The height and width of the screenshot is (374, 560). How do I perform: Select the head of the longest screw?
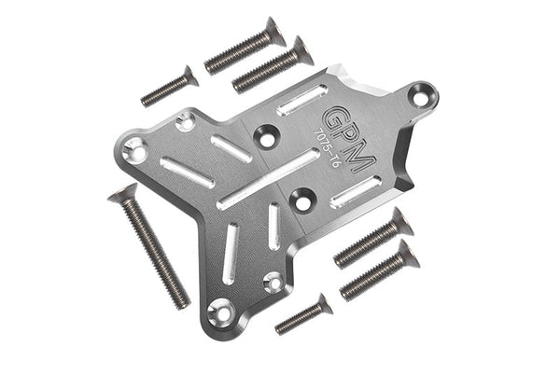click(x=122, y=193)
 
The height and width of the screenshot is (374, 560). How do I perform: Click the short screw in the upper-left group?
click(x=170, y=86)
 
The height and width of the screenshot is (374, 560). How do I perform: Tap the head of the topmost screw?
click(x=273, y=31)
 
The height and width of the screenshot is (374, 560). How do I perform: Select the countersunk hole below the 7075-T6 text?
click(x=301, y=197)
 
